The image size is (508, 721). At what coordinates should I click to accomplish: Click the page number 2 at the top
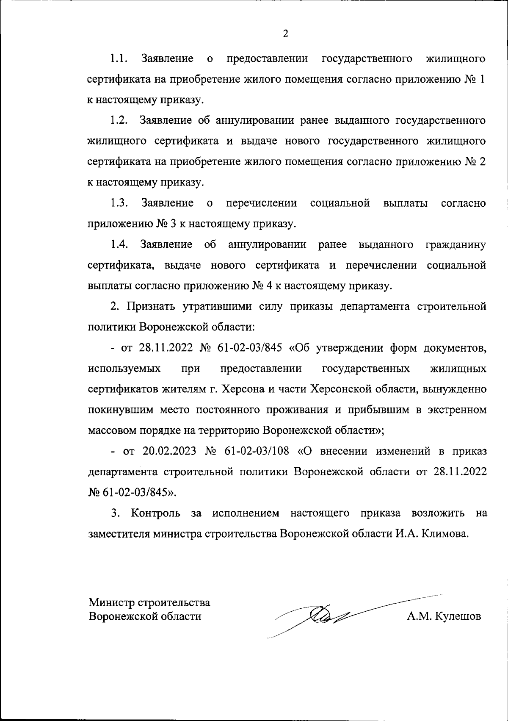tap(285, 34)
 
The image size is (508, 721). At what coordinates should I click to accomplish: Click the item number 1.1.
tap(119, 58)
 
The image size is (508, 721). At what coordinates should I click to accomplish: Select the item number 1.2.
tap(119, 120)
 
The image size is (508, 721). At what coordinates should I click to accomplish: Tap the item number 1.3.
tap(120, 203)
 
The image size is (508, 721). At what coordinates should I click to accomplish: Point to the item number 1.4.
tap(119, 245)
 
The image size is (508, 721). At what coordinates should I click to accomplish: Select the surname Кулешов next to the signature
tap(455, 616)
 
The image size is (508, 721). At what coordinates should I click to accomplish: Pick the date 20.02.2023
tap(169, 451)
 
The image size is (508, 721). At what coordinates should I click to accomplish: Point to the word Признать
tap(149, 307)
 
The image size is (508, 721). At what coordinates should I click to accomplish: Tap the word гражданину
tap(455, 245)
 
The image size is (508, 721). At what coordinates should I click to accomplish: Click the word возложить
tap(438, 513)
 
